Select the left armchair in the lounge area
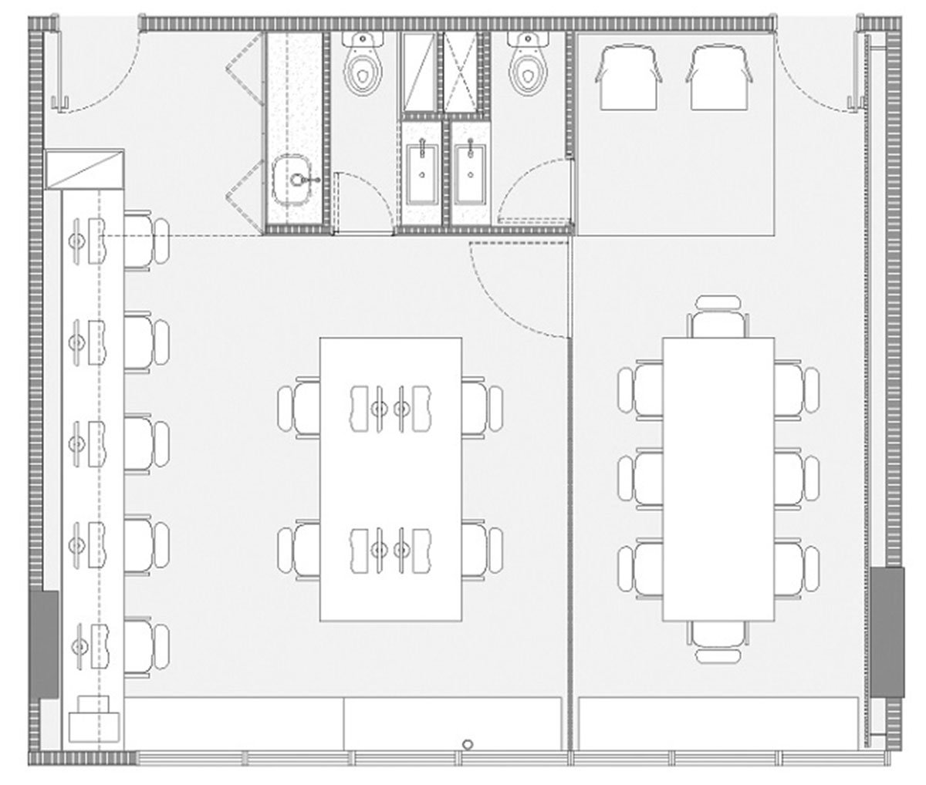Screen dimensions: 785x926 (x=630, y=77)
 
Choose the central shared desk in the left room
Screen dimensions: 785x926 (x=390, y=478)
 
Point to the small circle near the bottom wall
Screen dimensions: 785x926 (x=468, y=743)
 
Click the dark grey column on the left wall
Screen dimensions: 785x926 (x=44, y=645)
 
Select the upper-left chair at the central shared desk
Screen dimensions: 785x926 (x=299, y=406)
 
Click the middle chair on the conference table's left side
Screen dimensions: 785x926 (x=640, y=478)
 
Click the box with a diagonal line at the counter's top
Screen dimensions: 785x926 (x=84, y=169)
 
